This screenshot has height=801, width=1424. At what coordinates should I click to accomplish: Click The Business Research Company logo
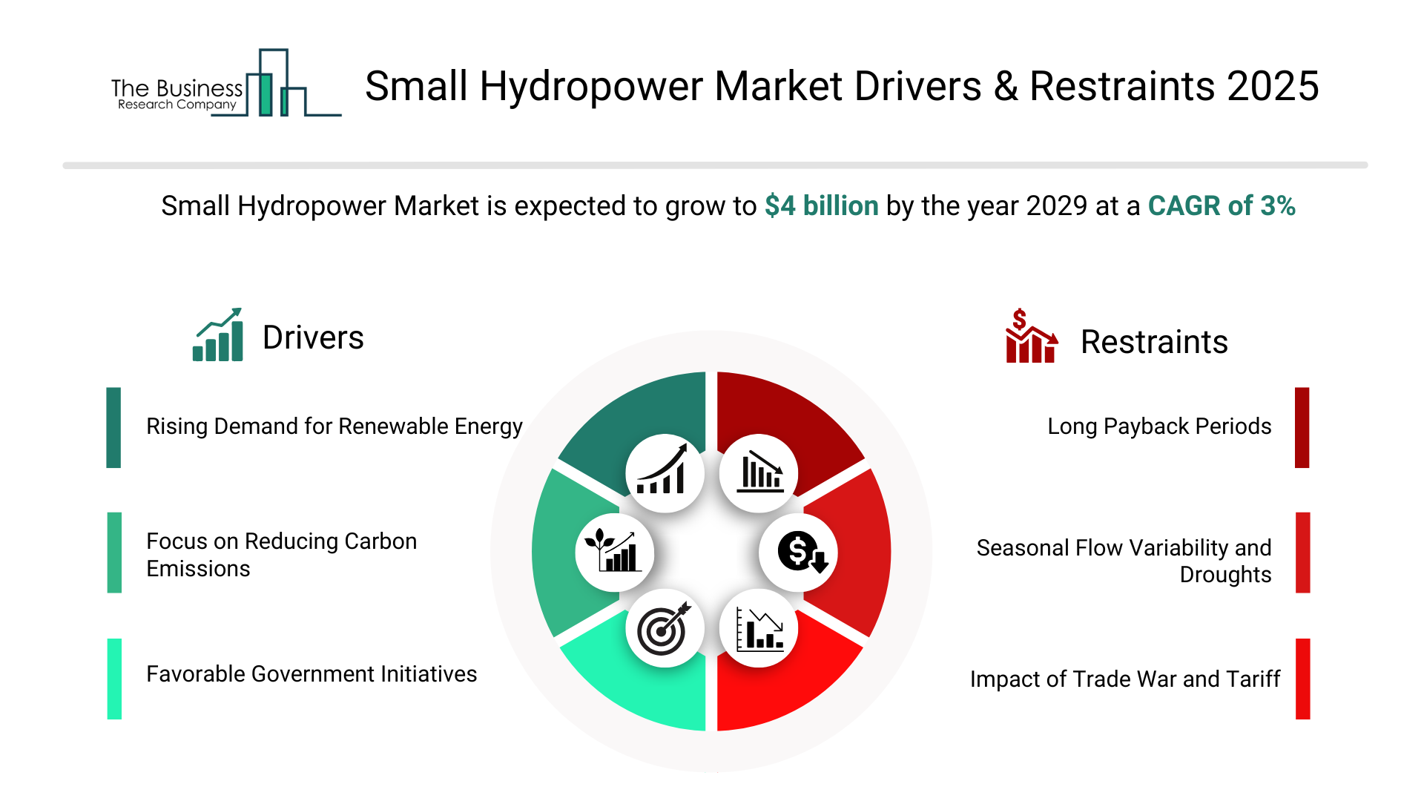coord(222,85)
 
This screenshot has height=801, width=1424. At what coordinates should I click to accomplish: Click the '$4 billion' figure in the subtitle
coord(821,205)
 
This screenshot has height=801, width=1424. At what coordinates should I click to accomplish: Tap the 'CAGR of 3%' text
coord(1221,205)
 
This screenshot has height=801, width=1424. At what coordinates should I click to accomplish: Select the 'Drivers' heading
coord(313,337)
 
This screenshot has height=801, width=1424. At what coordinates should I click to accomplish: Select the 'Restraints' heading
coord(1153,342)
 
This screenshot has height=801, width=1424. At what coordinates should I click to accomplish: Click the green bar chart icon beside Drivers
coord(218,335)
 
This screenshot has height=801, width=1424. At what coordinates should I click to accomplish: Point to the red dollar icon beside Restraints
coord(1030,336)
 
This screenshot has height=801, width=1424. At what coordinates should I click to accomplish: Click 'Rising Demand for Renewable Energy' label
coord(334,426)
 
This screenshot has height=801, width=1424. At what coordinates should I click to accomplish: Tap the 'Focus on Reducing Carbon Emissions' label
coord(281,555)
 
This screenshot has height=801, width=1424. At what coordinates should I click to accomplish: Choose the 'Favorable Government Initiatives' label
coord(311,674)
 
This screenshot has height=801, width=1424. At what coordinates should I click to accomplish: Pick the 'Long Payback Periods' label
coord(1158,426)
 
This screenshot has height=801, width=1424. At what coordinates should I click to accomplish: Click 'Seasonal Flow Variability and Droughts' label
coord(1124,561)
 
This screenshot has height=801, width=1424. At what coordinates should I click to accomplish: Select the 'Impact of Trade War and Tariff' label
coord(1124,679)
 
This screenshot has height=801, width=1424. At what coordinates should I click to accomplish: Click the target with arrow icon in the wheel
coord(665,628)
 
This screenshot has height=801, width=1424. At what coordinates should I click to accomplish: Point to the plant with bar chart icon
coord(614,553)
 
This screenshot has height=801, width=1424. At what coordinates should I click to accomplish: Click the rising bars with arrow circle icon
coord(665,473)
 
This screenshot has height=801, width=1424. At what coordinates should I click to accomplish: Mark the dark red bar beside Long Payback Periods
coord(1302,427)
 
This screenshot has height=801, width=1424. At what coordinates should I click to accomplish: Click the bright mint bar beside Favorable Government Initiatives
coord(114,679)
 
